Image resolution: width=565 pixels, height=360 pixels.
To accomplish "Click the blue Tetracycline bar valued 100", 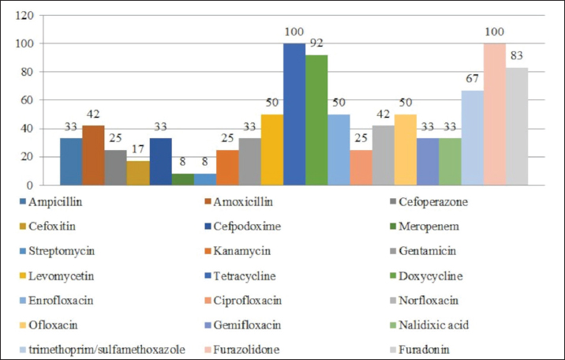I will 294,114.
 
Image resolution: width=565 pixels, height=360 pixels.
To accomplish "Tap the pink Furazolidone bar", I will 494,114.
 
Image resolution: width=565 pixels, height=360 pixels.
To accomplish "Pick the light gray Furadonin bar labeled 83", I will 517,126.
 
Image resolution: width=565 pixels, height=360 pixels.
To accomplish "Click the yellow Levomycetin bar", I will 272,150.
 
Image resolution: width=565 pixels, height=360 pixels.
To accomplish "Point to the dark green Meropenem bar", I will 183,179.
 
